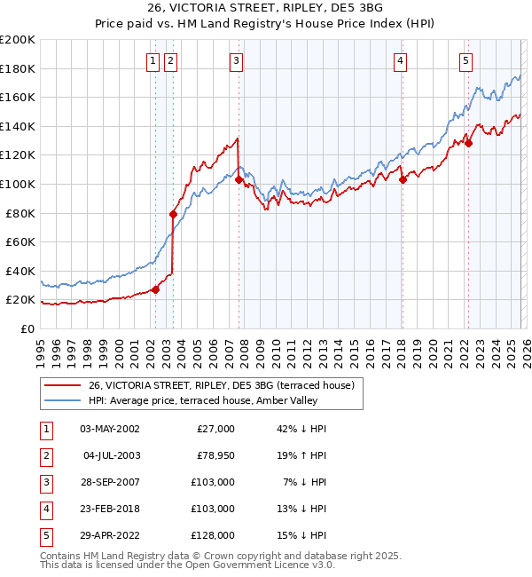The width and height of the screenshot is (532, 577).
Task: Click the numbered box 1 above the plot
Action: click(153, 60)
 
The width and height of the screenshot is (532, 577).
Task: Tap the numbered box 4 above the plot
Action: click(401, 60)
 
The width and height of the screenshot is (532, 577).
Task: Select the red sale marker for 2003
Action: click(173, 214)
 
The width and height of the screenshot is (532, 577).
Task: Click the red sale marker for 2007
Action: click(239, 179)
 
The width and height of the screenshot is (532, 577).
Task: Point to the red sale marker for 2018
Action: click(403, 179)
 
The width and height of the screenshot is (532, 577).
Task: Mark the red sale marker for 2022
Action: click(468, 143)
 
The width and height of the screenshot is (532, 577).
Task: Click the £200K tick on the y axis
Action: click(18, 40)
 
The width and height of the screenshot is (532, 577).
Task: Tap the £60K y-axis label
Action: click(20, 242)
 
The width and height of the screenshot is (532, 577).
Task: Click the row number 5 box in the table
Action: click(44, 535)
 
